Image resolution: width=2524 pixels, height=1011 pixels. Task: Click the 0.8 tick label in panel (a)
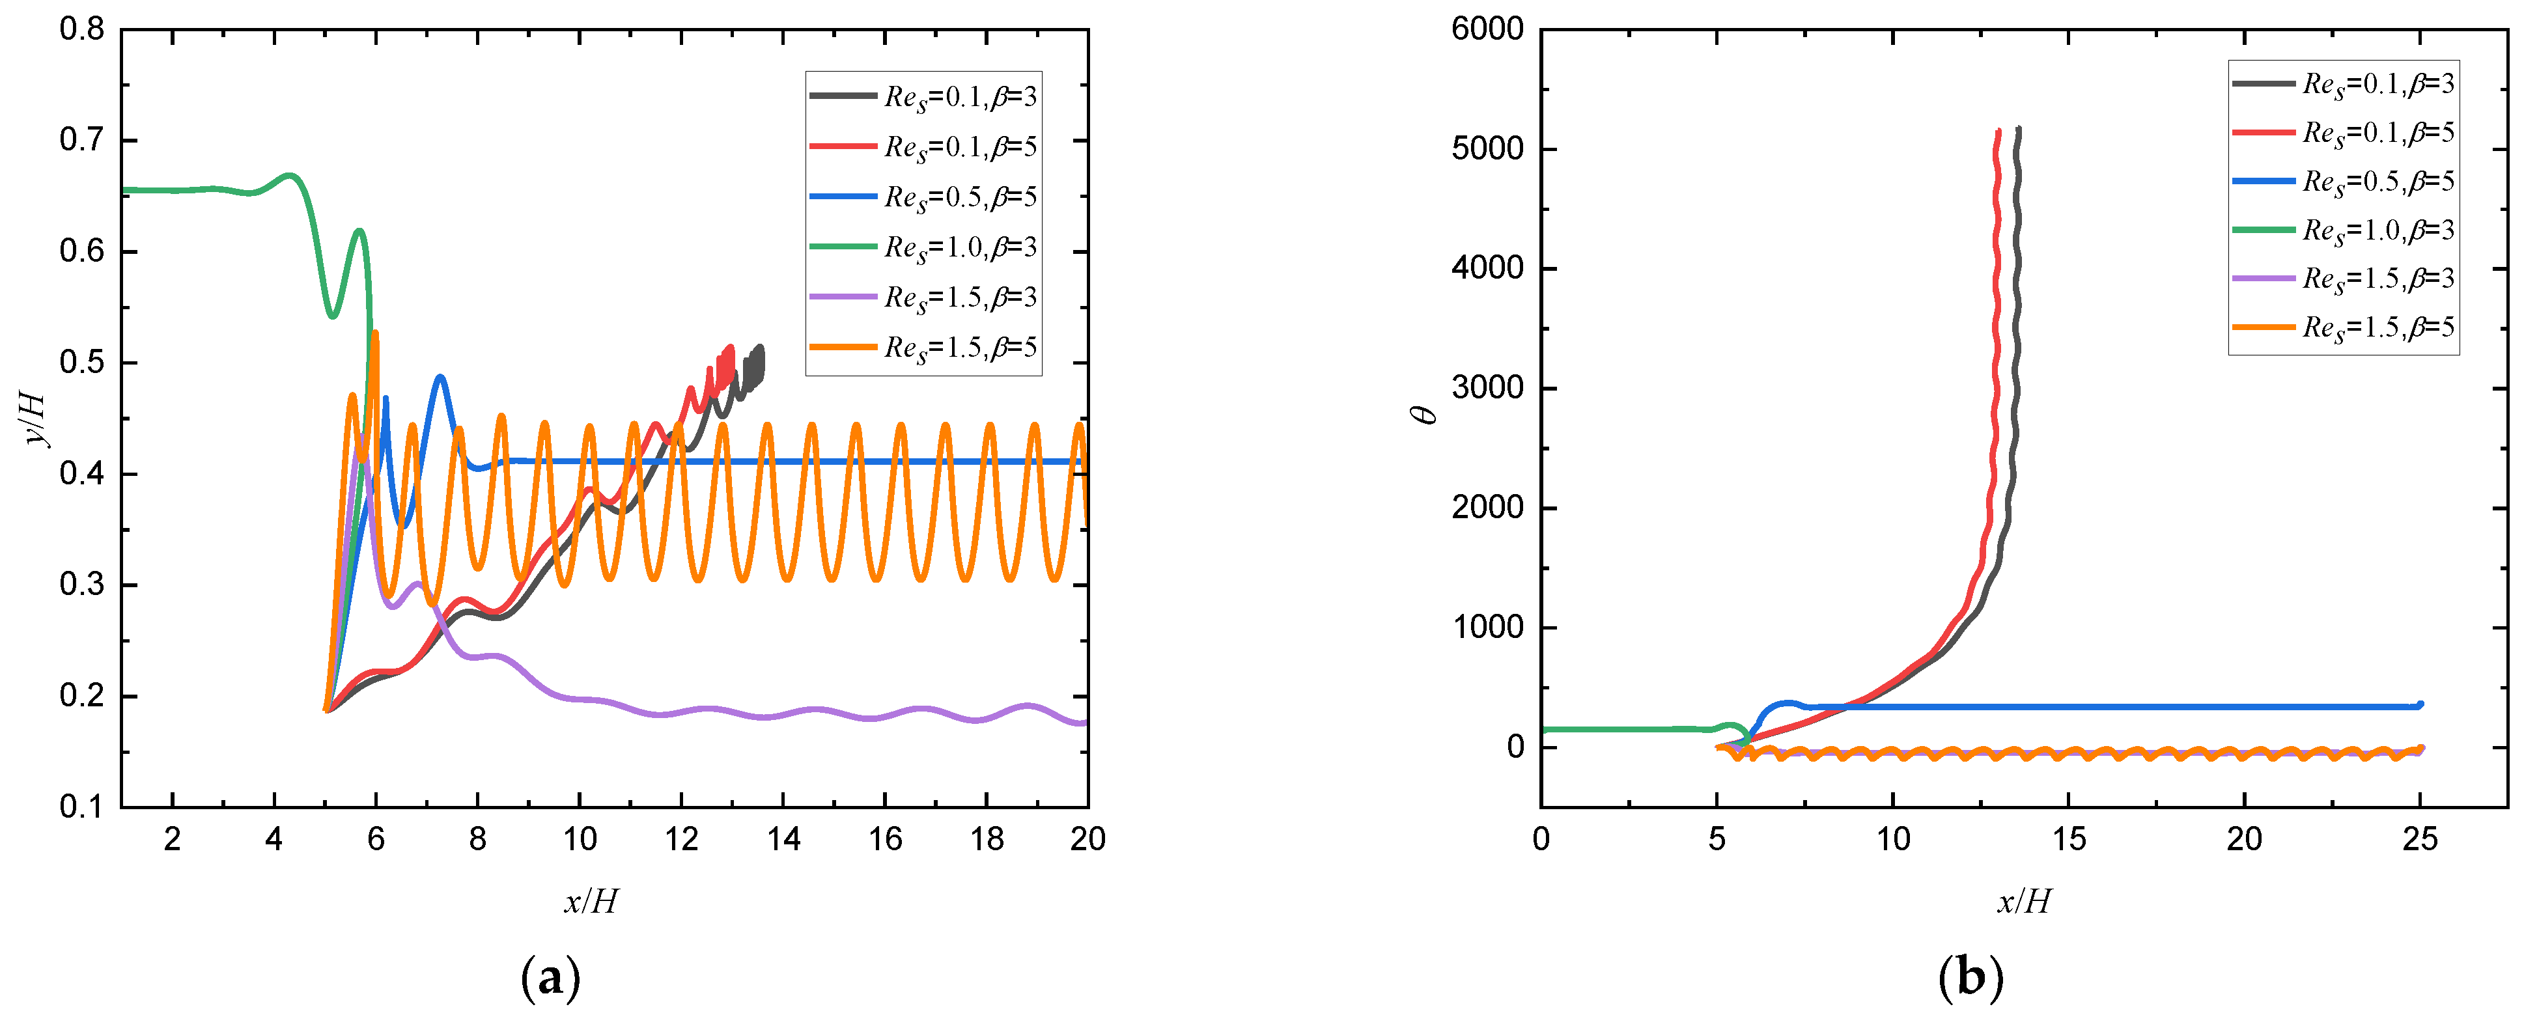pyautogui.click(x=81, y=29)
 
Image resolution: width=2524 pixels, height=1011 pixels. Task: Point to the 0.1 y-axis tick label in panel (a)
pyautogui.click(x=81, y=807)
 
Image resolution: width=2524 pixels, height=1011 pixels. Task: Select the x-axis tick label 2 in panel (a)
pyautogui.click(x=173, y=840)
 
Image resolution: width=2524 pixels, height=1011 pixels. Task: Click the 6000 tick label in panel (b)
pyautogui.click(x=1487, y=29)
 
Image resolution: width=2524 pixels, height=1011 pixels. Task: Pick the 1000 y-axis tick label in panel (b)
pyautogui.click(x=1487, y=627)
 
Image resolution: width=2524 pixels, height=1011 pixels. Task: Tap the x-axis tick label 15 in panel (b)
pyautogui.click(x=2068, y=840)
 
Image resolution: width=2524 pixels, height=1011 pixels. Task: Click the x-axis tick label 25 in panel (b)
pyautogui.click(x=2420, y=840)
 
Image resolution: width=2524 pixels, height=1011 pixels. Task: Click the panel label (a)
pyautogui.click(x=551, y=978)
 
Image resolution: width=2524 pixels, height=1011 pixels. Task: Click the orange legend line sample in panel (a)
pyautogui.click(x=843, y=347)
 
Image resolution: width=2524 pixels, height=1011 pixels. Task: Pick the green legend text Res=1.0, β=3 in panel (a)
pyautogui.click(x=961, y=247)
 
